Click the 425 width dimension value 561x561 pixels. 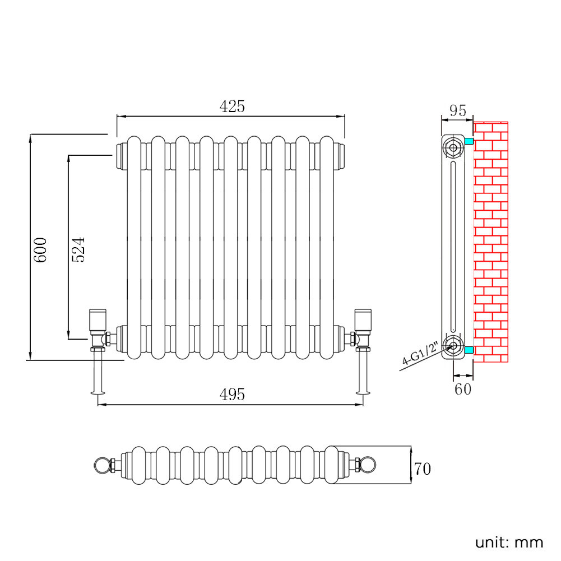pos(232,106)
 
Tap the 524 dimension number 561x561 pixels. pos(78,249)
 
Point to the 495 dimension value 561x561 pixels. pos(232,395)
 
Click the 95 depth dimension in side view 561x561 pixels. pos(458,110)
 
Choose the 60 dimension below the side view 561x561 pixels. pos(463,389)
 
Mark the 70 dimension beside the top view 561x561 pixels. pos(423,469)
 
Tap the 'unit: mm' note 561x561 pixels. pos(509,543)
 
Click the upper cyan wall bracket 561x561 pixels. pos(469,141)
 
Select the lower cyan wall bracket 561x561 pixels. pos(469,351)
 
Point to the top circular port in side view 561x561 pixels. pos(452,149)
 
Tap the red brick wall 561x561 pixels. pos(491,242)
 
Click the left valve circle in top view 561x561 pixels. pos(101,465)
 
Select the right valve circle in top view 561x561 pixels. pos(368,465)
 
